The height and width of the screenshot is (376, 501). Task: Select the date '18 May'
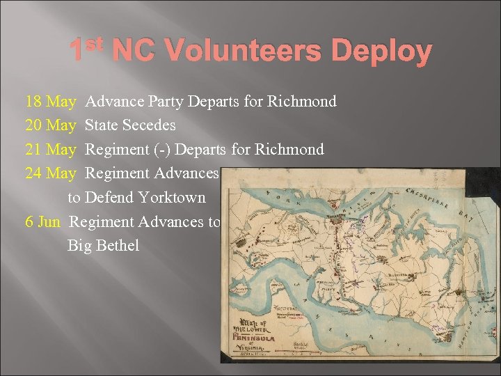coord(50,102)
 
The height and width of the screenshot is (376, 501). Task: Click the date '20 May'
coord(50,125)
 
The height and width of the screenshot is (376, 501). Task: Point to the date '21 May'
coord(50,149)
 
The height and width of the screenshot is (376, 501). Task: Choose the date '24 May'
coord(50,173)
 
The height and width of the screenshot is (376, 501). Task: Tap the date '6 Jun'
coord(42,221)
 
